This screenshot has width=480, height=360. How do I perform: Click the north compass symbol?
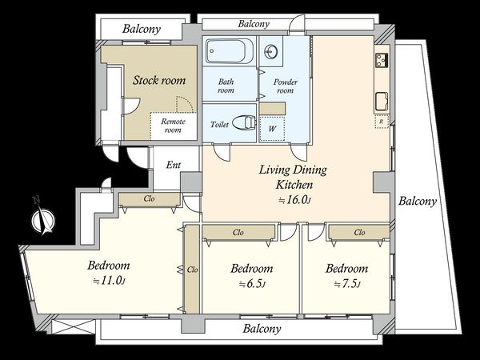click(43, 218)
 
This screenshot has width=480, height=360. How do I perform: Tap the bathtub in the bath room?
click(230, 51)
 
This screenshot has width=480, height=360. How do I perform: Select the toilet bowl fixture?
click(244, 122)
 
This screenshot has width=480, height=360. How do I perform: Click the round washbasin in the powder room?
click(271, 51)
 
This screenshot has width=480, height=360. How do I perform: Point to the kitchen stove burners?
click(382, 60)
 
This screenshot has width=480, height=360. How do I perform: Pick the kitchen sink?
click(382, 102)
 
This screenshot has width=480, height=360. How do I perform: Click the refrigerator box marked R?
click(382, 122)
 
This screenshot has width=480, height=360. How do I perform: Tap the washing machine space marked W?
click(272, 128)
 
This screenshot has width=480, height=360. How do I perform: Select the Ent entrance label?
click(174, 165)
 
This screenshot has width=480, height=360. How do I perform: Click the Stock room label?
click(159, 80)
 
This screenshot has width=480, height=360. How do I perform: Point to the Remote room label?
click(173, 126)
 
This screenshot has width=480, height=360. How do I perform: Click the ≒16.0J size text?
click(294, 200)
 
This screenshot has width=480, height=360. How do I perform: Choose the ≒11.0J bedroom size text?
click(109, 281)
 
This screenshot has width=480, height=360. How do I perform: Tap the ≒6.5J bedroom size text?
click(252, 284)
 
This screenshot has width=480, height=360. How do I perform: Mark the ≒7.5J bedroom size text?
click(347, 284)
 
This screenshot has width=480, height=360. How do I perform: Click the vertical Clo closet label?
click(192, 270)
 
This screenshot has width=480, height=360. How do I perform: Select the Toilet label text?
click(219, 125)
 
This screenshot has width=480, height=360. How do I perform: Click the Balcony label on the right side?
click(418, 201)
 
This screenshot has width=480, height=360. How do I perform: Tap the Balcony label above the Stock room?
click(142, 29)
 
